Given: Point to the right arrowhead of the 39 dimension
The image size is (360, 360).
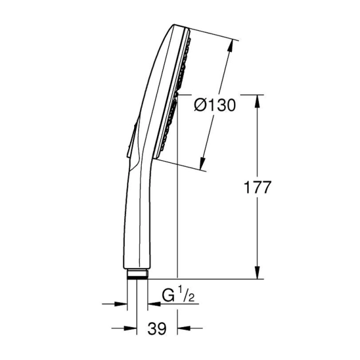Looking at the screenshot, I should (183, 329).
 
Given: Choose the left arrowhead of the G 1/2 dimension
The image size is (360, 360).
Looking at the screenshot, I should (122, 304).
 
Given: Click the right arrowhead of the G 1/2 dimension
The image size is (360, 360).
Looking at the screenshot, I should (153, 304).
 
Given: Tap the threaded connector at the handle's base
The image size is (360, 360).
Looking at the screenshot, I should (137, 273).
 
